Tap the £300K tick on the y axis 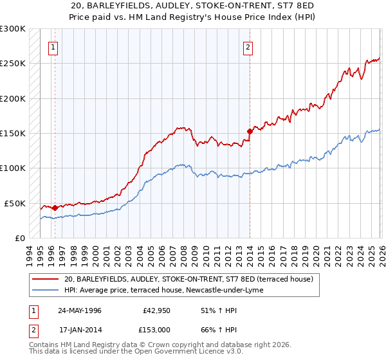pos(13,29)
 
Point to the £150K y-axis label pos(13,134)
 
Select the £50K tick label pos(15,203)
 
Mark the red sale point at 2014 pos(250,130)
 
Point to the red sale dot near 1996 pos(55,208)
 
